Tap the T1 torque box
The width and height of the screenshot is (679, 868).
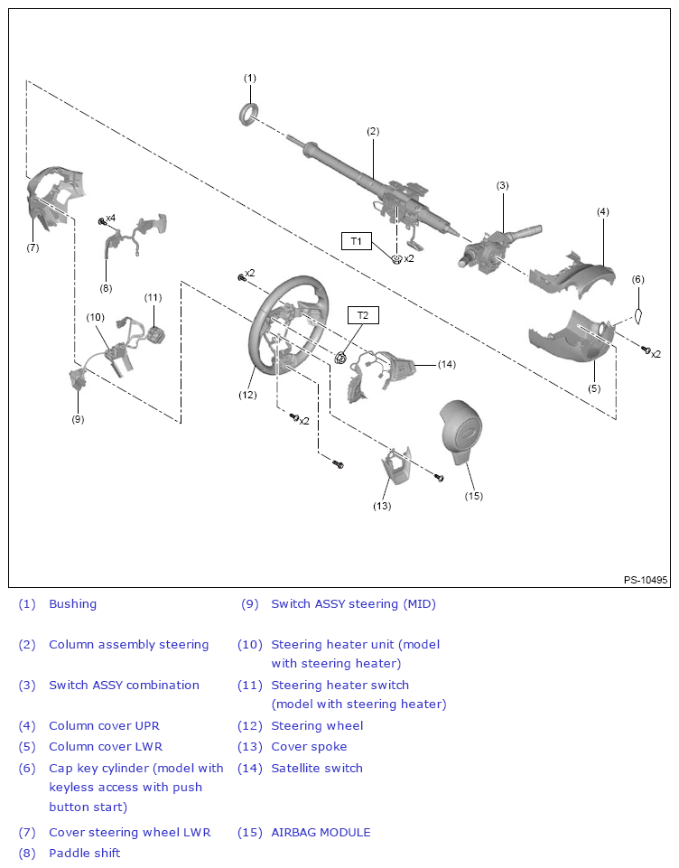(x=356, y=241)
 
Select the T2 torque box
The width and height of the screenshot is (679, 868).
(x=363, y=315)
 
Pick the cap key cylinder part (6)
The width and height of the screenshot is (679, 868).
(x=637, y=315)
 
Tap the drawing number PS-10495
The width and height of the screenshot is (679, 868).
(x=645, y=580)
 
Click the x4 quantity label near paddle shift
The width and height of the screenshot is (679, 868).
(x=110, y=219)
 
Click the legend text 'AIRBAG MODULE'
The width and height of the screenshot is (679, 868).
(x=321, y=833)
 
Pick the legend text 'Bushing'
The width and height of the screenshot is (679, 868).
(x=72, y=604)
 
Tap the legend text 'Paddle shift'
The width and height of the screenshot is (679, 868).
(x=84, y=854)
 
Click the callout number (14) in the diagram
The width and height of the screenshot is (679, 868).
(x=446, y=364)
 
